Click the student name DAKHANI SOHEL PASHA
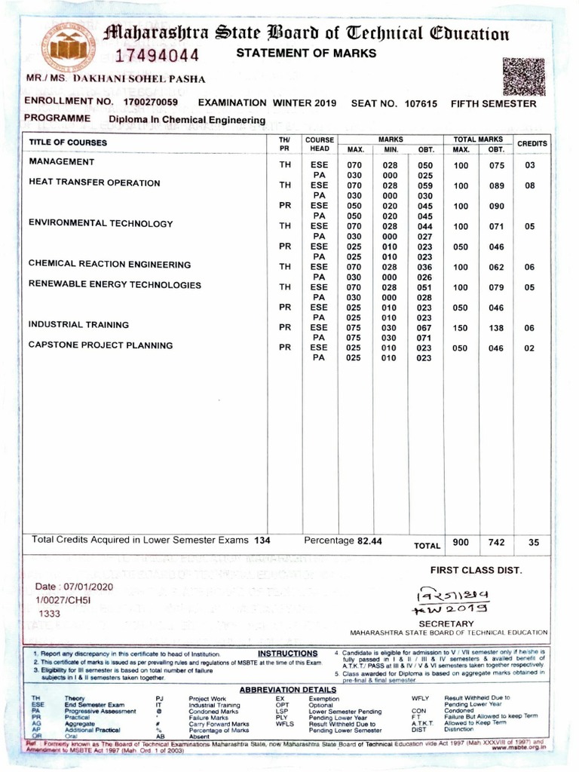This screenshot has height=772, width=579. [x=138, y=78]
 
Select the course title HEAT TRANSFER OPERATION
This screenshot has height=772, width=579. [x=94, y=182]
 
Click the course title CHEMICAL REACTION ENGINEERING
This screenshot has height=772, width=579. [x=109, y=264]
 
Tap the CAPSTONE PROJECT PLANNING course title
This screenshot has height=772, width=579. [x=100, y=345]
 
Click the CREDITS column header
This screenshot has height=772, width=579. [x=532, y=142]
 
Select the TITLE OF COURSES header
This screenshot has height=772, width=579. [x=68, y=142]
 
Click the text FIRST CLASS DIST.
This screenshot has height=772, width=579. [x=476, y=570]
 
